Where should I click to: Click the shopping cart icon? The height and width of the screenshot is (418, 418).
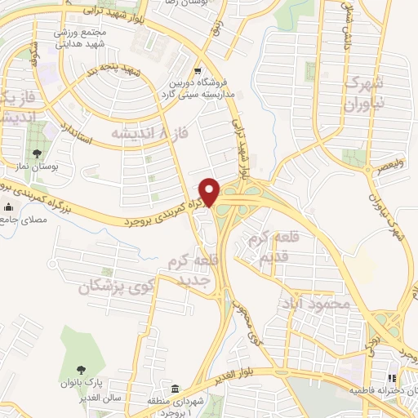pos(198,69)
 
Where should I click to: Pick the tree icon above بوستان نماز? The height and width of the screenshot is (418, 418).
pos(37,153)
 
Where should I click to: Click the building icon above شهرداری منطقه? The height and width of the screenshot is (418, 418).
pos(175,387)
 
